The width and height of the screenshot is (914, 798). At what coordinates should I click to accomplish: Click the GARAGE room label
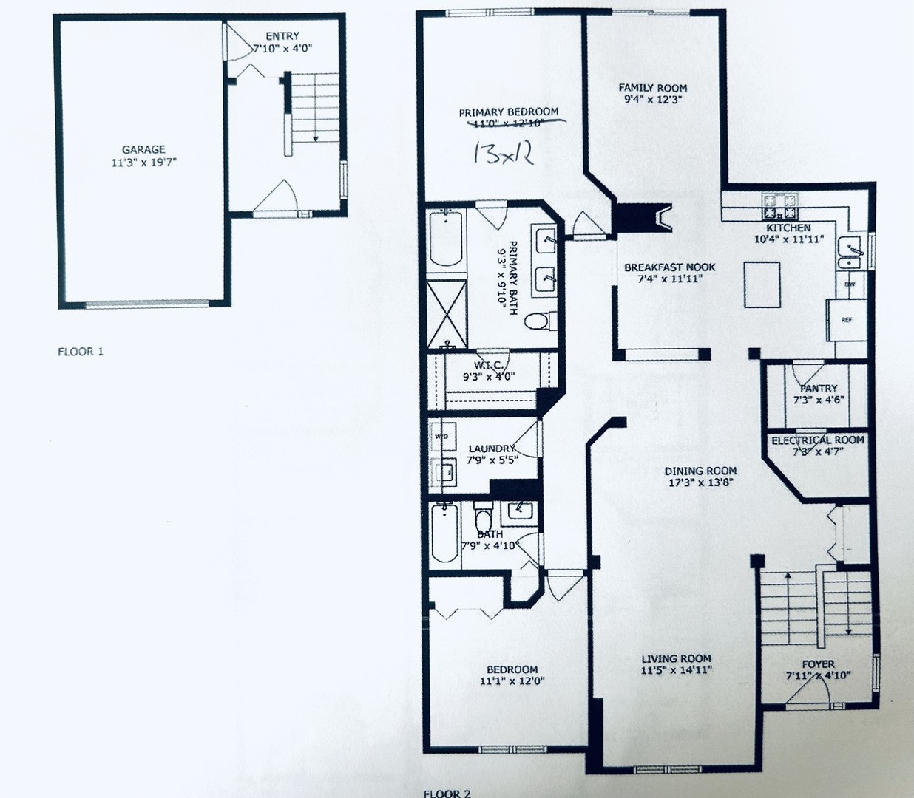click(x=143, y=149)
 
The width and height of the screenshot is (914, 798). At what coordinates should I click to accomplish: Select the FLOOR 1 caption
click(x=81, y=352)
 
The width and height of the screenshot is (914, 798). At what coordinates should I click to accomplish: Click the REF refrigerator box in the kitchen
click(x=847, y=320)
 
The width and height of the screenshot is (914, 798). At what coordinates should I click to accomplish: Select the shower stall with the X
click(x=447, y=315)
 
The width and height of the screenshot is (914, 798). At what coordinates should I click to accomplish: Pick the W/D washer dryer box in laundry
click(x=441, y=437)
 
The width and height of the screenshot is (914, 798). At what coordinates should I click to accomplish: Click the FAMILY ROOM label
click(x=652, y=88)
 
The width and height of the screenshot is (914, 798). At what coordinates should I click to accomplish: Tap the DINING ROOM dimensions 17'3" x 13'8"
click(x=700, y=485)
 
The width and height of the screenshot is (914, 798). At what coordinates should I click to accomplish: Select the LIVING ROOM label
click(x=676, y=658)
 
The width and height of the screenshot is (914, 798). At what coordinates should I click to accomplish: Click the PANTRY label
click(x=818, y=388)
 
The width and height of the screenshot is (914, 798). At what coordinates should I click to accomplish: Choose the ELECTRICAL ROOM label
click(x=817, y=440)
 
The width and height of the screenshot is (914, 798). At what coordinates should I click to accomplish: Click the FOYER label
click(x=818, y=664)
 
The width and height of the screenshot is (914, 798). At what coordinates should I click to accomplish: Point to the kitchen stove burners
click(x=779, y=200)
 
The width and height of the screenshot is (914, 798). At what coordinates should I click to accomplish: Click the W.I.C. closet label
click(x=488, y=365)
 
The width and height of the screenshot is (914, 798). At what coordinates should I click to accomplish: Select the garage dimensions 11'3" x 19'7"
click(x=143, y=162)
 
